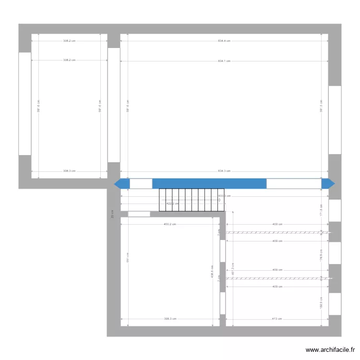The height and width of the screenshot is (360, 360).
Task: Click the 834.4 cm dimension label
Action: (224, 41)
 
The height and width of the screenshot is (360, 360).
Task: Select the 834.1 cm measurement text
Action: (224, 61)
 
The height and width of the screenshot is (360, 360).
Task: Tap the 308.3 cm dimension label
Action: (69, 171)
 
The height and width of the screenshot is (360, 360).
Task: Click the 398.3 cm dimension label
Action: (170, 319)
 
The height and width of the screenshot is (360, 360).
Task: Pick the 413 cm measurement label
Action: (277, 319)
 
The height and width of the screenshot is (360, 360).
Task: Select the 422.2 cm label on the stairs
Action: (172, 204)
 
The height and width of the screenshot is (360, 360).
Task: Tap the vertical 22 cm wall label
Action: (112, 214)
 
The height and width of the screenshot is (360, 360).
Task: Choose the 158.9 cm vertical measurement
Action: (322, 303)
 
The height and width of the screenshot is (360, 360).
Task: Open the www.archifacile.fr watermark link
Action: (330, 350)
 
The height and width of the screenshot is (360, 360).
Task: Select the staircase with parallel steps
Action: (191, 200)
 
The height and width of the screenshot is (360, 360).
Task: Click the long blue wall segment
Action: (209, 183)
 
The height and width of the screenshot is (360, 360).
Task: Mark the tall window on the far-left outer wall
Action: (24, 104)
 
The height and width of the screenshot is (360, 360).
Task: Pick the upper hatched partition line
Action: (278, 233)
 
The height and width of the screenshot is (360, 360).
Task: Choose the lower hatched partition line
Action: (278, 278)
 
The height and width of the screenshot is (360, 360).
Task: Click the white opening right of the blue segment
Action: (294, 183)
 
